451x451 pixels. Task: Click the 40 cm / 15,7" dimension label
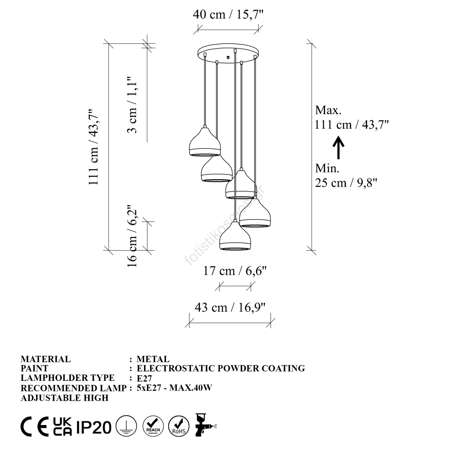click(228, 14)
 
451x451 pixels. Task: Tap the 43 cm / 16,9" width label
click(230, 307)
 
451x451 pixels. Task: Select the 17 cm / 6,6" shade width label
click(235, 271)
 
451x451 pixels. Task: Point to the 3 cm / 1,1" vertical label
click(132, 104)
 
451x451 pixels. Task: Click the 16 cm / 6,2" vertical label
click(132, 236)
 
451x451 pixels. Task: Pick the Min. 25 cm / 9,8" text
click(346, 176)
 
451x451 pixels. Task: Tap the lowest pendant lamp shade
click(235, 236)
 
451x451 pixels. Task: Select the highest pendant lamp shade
click(205, 142)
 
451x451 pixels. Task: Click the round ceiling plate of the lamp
click(228, 54)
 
